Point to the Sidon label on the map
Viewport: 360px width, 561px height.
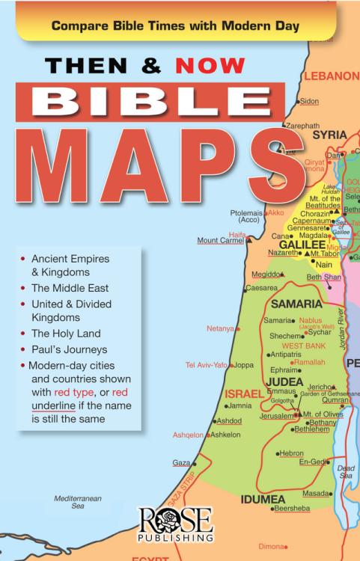(310, 100)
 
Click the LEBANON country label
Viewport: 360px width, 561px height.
(332, 76)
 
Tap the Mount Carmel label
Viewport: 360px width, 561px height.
(220, 241)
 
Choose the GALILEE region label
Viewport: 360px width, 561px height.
(302, 245)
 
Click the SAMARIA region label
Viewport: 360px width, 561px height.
(296, 304)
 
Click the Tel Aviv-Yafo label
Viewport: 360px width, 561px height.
(206, 365)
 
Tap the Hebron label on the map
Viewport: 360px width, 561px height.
(292, 453)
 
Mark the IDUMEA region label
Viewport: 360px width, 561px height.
(262, 498)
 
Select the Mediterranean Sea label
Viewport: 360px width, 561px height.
(77, 502)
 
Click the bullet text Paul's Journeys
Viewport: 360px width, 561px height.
(69, 349)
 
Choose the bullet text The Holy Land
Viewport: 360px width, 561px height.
(66, 334)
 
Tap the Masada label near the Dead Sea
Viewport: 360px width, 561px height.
(316, 493)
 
